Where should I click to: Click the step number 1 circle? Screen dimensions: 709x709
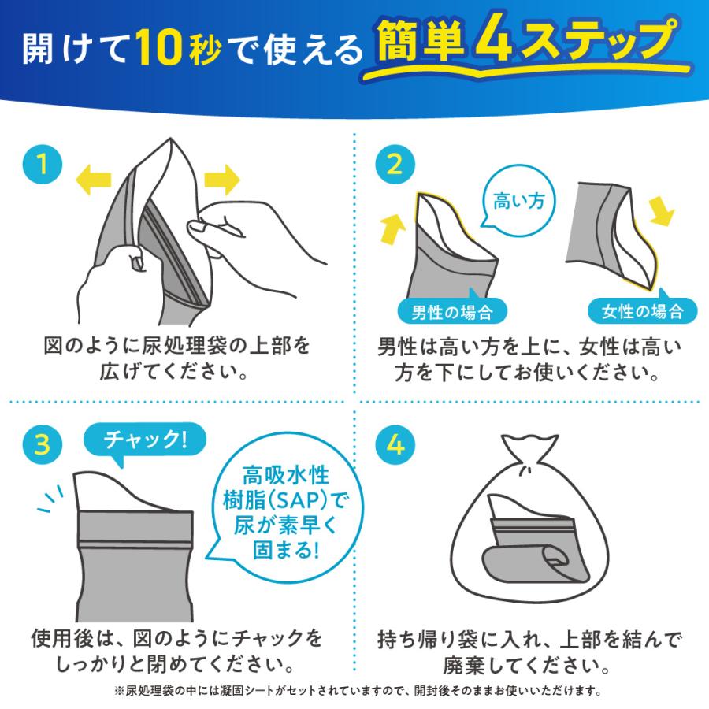tap(43, 164)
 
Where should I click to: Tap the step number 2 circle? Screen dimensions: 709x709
tap(395, 164)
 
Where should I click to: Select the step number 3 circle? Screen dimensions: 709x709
tap(43, 444)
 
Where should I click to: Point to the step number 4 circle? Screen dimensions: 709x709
tap(395, 444)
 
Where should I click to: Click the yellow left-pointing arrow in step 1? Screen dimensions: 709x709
tap(93, 180)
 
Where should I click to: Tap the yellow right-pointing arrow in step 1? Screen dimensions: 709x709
tap(222, 180)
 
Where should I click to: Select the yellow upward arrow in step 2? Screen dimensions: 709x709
tap(392, 228)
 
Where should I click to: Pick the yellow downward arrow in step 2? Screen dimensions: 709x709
tap(661, 210)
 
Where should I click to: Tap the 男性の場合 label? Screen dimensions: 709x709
tap(451, 311)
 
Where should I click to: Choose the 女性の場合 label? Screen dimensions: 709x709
tap(642, 310)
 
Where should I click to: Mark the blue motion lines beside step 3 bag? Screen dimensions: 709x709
tap(50, 499)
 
